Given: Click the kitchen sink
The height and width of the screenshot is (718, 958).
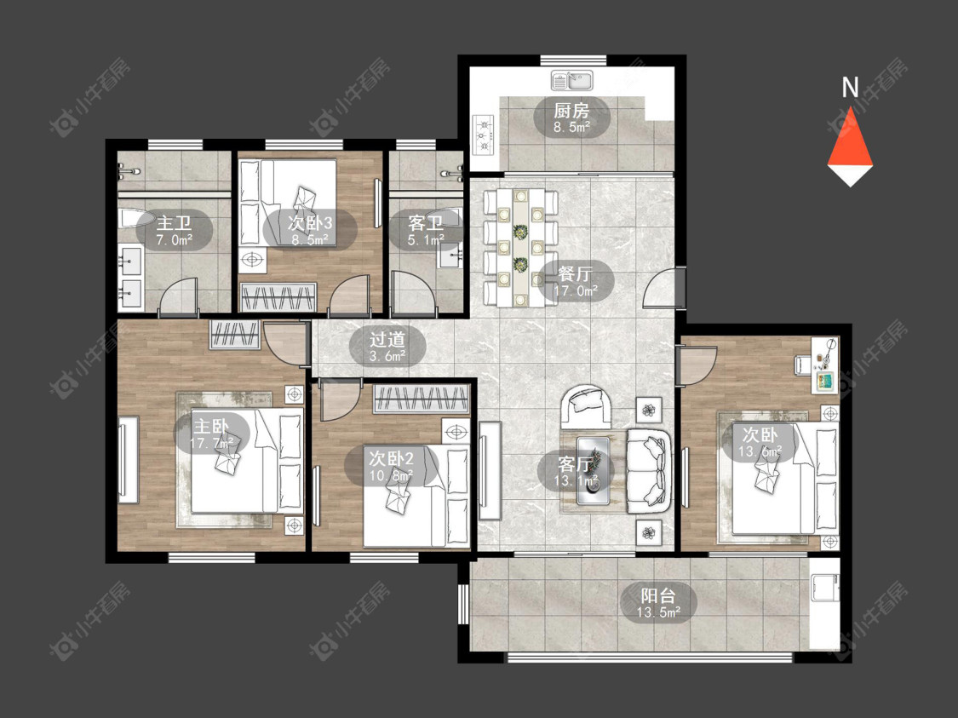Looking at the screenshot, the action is [572, 80].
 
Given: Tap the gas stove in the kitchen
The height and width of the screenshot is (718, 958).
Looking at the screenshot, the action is [483, 135].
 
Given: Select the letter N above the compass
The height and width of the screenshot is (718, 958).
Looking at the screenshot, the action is [850, 88].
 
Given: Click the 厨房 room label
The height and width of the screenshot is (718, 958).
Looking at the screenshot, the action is [572, 111].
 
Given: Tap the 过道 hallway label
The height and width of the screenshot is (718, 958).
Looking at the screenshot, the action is [387, 339].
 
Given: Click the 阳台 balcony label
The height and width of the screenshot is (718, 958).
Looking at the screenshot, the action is [658, 595].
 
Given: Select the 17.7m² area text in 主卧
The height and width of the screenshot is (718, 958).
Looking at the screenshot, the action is [211, 443].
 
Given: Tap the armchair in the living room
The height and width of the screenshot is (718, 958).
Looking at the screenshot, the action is [587, 405].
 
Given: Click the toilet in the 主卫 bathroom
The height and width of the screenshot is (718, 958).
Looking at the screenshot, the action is [131, 219].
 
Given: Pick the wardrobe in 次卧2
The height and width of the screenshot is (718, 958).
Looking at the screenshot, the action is [421, 399].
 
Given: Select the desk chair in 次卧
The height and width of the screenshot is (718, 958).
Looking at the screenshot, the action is [803, 364].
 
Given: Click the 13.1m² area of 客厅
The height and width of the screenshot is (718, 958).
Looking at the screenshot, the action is [576, 480].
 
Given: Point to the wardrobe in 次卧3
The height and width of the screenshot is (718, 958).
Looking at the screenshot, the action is [279, 297].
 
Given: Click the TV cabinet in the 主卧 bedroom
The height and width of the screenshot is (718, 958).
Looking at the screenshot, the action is [128, 460].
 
